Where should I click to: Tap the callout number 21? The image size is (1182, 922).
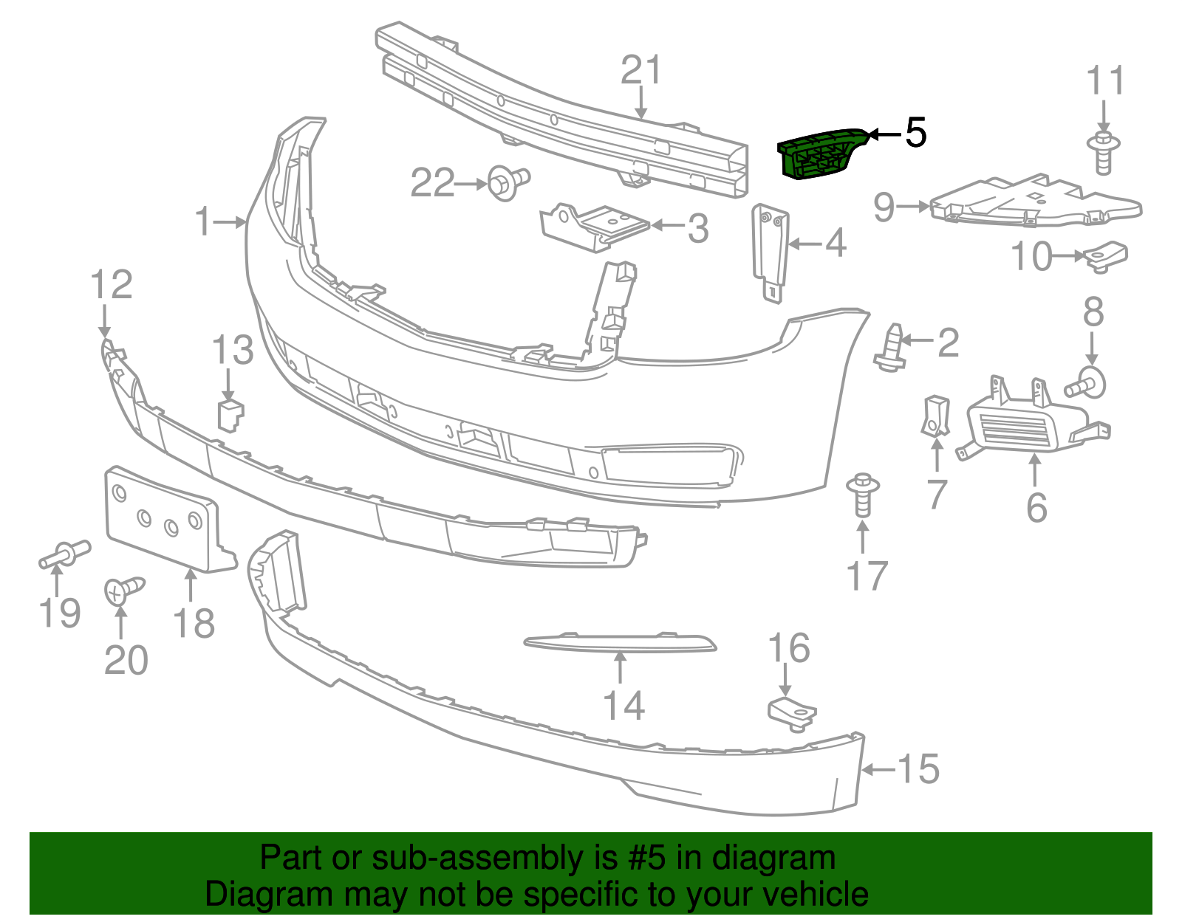coord(640,71)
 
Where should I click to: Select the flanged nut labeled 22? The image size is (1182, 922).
coord(508,182)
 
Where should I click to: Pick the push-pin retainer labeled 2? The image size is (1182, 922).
coord(891,348)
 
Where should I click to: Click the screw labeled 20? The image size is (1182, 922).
coord(123,590)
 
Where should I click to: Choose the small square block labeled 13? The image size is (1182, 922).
coord(230,415)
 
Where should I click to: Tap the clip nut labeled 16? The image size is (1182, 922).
coord(792,712)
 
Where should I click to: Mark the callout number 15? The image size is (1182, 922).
coord(918,768)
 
